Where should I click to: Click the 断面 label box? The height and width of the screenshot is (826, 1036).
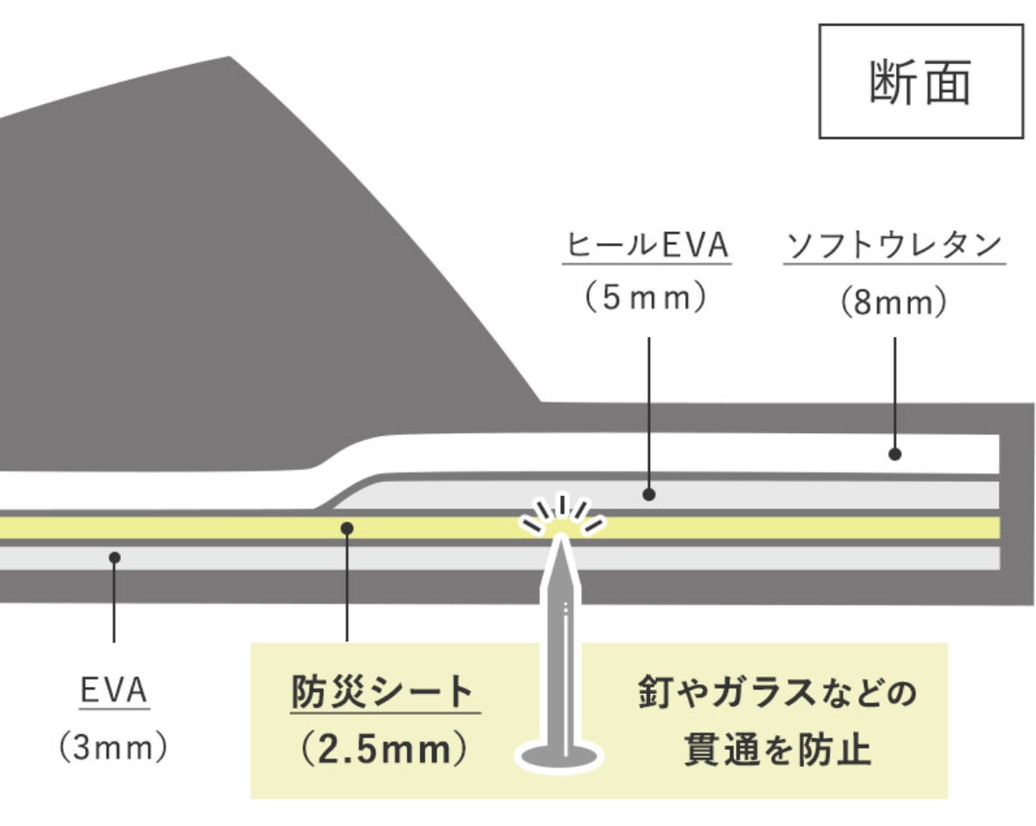(x=920, y=81)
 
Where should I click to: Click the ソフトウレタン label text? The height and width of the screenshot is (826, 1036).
(x=893, y=247)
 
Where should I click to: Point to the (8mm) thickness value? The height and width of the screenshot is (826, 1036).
(x=893, y=304)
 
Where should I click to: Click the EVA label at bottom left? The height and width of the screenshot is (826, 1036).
(x=115, y=691)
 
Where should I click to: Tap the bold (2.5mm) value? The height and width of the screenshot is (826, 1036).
(x=381, y=750)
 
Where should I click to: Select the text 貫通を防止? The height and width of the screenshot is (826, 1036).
(x=778, y=750)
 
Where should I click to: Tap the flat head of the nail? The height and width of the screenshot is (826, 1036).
(x=560, y=755)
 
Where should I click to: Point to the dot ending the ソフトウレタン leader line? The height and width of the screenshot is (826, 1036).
(x=894, y=454)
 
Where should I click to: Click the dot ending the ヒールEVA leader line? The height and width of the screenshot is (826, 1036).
(x=648, y=494)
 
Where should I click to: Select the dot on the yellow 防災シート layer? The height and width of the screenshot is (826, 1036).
(x=347, y=528)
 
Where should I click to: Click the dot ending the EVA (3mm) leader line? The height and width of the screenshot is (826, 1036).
(x=115, y=556)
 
